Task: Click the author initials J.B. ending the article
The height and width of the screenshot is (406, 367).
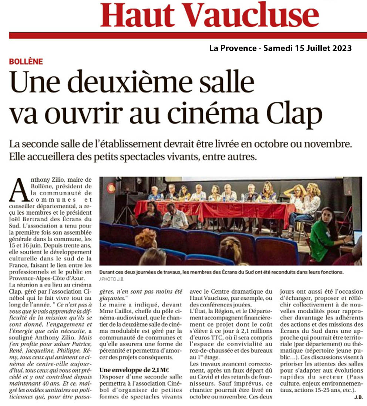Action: point(357,397)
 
